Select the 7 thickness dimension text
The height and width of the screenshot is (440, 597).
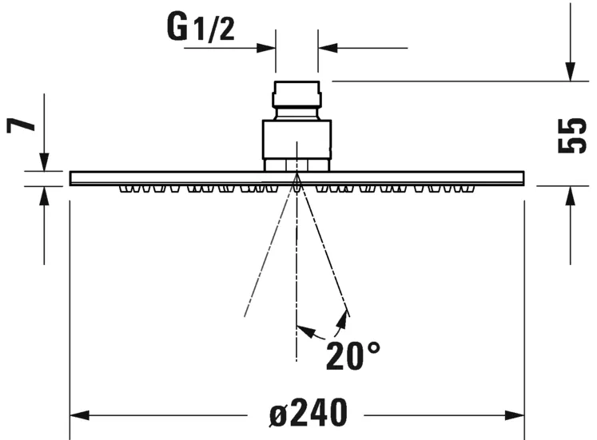(x=22, y=126)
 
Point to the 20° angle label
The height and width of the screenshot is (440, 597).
(x=352, y=355)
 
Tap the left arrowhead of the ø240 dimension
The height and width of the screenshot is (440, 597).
(x=79, y=415)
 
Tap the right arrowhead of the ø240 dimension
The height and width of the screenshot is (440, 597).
(x=516, y=415)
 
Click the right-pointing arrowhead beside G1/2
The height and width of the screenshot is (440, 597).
(x=267, y=48)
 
